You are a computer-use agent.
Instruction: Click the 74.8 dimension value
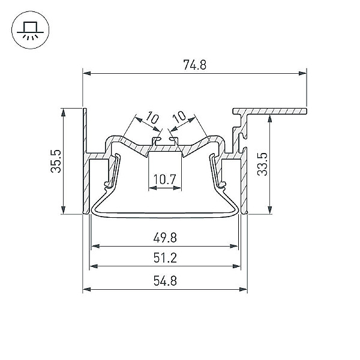194,65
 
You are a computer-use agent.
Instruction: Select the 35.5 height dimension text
56,161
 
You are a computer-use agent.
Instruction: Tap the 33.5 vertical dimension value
262,164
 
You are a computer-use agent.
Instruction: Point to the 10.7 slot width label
164,179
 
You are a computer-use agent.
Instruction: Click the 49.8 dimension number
165,238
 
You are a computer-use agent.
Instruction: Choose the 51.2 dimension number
165,258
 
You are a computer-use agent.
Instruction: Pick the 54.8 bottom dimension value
165,281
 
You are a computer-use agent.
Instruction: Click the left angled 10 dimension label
152,117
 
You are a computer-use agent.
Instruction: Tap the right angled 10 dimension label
179,117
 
